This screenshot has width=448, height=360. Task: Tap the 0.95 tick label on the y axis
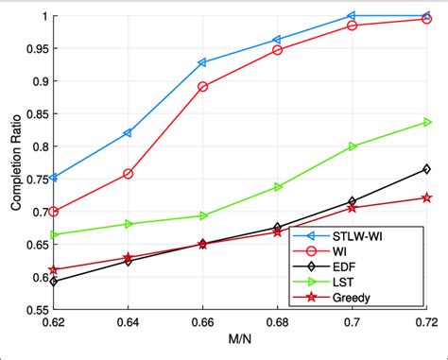tap(34, 49)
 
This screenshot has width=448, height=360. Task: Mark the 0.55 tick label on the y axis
tap(34, 310)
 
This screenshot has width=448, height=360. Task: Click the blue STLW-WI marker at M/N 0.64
tap(128, 133)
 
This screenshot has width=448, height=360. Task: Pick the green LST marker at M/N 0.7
tap(353, 146)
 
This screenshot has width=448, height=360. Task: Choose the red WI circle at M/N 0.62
tap(54, 212)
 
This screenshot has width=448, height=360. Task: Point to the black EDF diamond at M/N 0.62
tap(54, 282)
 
